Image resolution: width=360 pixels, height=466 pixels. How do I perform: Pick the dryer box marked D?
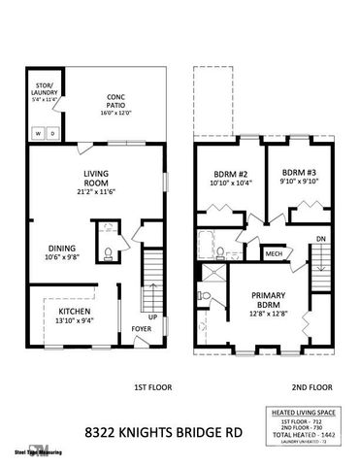click(52, 132)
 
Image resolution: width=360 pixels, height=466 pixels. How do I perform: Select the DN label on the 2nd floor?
click(320, 239)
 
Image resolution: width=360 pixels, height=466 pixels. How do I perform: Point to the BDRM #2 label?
click(231, 173)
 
